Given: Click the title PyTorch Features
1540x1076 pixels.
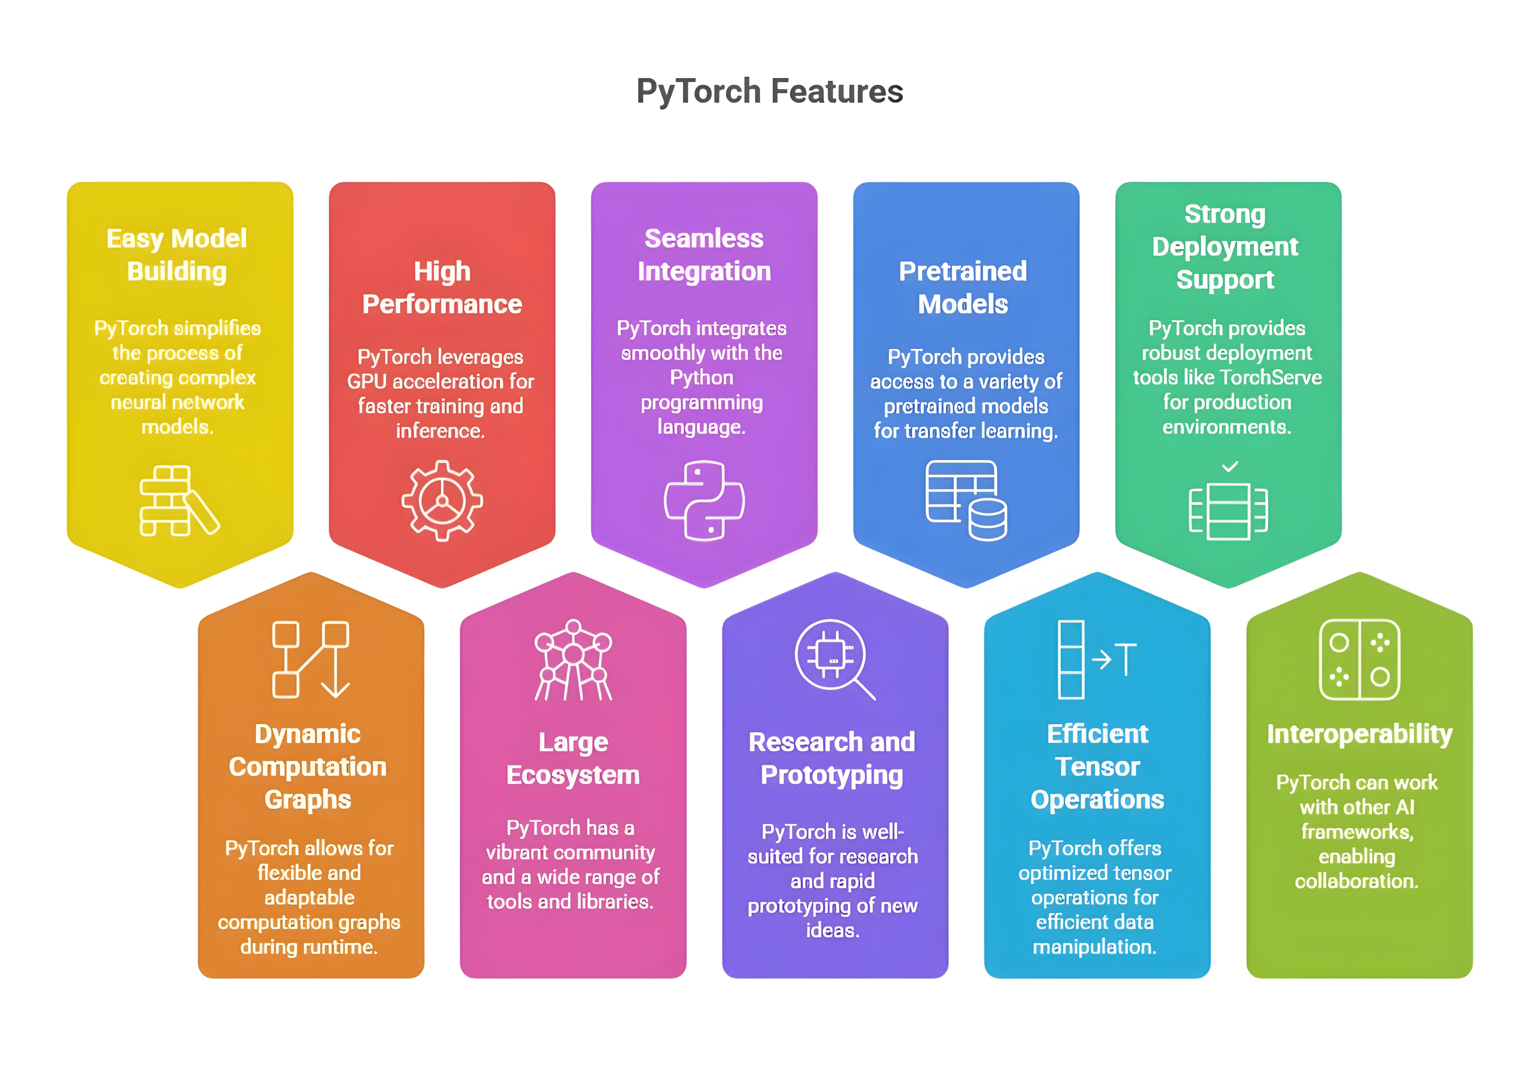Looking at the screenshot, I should pyautogui.click(x=769, y=91).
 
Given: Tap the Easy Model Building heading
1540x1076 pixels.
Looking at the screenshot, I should pyautogui.click(x=177, y=255).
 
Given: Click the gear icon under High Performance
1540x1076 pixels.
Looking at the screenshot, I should pyautogui.click(x=442, y=500).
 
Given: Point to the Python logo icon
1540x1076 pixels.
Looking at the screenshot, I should pyautogui.click(x=703, y=500).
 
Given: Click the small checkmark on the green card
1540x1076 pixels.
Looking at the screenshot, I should pyautogui.click(x=1229, y=466).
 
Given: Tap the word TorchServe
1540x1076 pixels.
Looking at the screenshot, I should pyautogui.click(x=1272, y=378).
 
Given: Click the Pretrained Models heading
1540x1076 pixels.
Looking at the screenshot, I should pyautogui.click(x=963, y=288).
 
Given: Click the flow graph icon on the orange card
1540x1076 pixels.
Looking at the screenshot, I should pyautogui.click(x=311, y=660).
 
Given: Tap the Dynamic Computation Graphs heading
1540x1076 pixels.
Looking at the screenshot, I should pyautogui.click(x=308, y=767).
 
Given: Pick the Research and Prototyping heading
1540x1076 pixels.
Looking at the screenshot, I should pyautogui.click(x=832, y=759).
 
